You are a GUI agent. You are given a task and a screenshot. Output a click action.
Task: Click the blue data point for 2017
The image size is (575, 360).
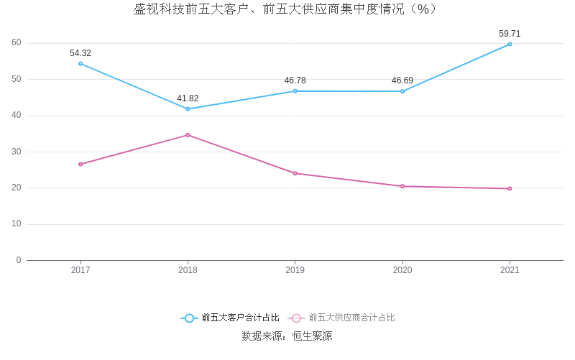tap(80, 63)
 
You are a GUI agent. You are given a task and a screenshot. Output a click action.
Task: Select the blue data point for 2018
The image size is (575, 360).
tap(188, 109)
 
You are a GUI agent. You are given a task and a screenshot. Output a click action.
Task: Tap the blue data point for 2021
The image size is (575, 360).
tap(510, 44)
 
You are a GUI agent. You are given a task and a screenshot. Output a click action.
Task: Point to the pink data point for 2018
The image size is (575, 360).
tap(188, 134)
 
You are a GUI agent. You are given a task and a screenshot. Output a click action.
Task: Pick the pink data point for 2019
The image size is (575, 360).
tap(295, 173)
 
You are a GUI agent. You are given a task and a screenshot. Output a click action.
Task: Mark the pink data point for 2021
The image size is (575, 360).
tap(510, 188)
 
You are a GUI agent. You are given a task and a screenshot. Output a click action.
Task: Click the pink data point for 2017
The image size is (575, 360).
tap(80, 164)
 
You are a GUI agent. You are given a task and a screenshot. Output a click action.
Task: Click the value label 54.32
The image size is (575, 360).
tap(80, 53)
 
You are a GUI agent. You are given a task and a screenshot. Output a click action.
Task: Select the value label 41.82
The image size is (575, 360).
tap(188, 98)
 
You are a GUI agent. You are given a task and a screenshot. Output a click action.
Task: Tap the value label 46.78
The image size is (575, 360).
tap(295, 80)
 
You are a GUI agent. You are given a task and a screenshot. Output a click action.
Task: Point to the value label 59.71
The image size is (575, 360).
tap(510, 34)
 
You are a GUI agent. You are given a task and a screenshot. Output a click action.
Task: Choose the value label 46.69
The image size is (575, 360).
tap(402, 80)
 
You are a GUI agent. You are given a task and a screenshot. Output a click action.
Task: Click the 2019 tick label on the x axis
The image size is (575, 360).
tap(295, 270)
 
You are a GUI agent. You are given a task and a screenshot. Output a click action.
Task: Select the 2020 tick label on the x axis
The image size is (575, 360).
tap(402, 270)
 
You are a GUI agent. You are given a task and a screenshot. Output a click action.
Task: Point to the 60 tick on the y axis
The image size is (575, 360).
tap(17, 43)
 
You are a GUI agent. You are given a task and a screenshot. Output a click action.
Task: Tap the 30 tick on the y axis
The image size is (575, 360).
tap(17, 152)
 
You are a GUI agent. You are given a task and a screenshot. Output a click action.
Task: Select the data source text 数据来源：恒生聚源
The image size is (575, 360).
tap(287, 336)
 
